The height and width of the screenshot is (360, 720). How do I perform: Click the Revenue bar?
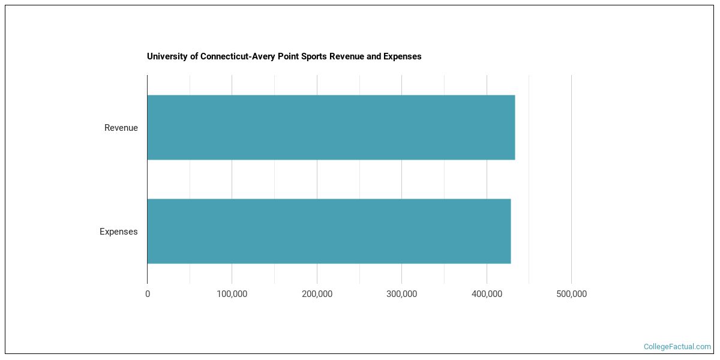pyautogui.click(x=331, y=128)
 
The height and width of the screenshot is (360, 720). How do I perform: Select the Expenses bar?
pyautogui.click(x=329, y=231)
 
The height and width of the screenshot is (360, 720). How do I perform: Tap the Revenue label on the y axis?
pyautogui.click(x=121, y=128)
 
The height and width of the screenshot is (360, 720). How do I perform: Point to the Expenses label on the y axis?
pyautogui.click(x=118, y=232)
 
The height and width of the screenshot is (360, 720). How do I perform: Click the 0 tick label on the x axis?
pyautogui.click(x=148, y=295)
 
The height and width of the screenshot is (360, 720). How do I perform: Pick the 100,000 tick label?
pyautogui.click(x=232, y=295)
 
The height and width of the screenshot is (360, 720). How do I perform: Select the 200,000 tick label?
pyautogui.click(x=317, y=295)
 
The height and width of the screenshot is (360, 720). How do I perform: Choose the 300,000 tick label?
pyautogui.click(x=402, y=295)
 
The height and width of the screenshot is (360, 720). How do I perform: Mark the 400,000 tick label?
pyautogui.click(x=487, y=295)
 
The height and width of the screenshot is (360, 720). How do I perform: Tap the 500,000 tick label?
pyautogui.click(x=571, y=295)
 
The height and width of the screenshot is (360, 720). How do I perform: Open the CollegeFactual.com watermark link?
pyautogui.click(x=677, y=347)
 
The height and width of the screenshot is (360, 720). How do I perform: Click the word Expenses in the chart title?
pyautogui.click(x=404, y=56)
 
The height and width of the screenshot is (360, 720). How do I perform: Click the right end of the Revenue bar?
pyautogui.click(x=514, y=128)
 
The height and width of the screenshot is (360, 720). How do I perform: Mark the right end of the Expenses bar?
pyautogui.click(x=510, y=231)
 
